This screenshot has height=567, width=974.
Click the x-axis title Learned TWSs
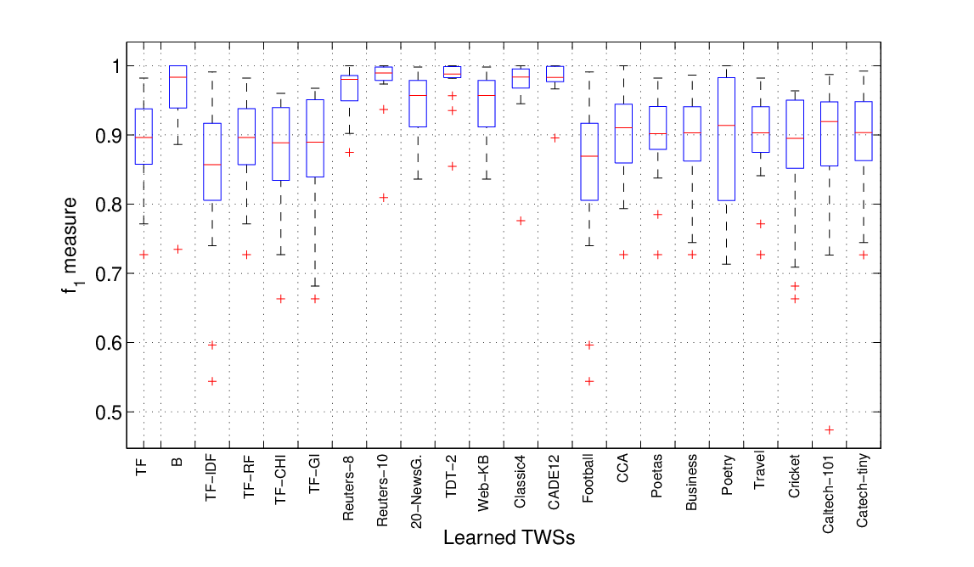pyautogui.click(x=509, y=537)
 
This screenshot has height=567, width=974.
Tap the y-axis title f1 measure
pyautogui.click(x=70, y=245)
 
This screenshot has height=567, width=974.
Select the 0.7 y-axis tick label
pyautogui.click(x=108, y=274)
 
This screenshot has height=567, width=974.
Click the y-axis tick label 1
pyautogui.click(x=115, y=66)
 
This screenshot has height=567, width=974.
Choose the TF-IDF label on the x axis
pyautogui.click(x=211, y=477)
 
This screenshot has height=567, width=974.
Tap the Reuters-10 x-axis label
pyautogui.click(x=383, y=491)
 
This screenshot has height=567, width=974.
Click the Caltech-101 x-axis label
pyautogui.click(x=828, y=494)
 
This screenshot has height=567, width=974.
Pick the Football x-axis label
pyautogui.click(x=588, y=478)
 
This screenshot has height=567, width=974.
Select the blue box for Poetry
pyautogui.click(x=726, y=139)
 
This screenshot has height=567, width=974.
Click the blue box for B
pyautogui.click(x=177, y=87)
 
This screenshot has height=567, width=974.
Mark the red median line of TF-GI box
pyautogui.click(x=315, y=143)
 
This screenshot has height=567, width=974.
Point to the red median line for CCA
pyautogui.click(x=623, y=128)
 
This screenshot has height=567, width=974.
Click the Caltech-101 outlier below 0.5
pyautogui.click(x=829, y=429)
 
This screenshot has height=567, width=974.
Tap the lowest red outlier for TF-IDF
pyautogui.click(x=211, y=381)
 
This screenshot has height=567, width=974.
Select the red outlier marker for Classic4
pyautogui.click(x=521, y=221)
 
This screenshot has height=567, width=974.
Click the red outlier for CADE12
pyautogui.click(x=555, y=138)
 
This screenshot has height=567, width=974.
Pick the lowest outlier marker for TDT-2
pyautogui.click(x=453, y=166)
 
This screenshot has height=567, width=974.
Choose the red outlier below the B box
pyautogui.click(x=177, y=249)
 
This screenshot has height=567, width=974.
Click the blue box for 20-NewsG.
pyautogui.click(x=418, y=104)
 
